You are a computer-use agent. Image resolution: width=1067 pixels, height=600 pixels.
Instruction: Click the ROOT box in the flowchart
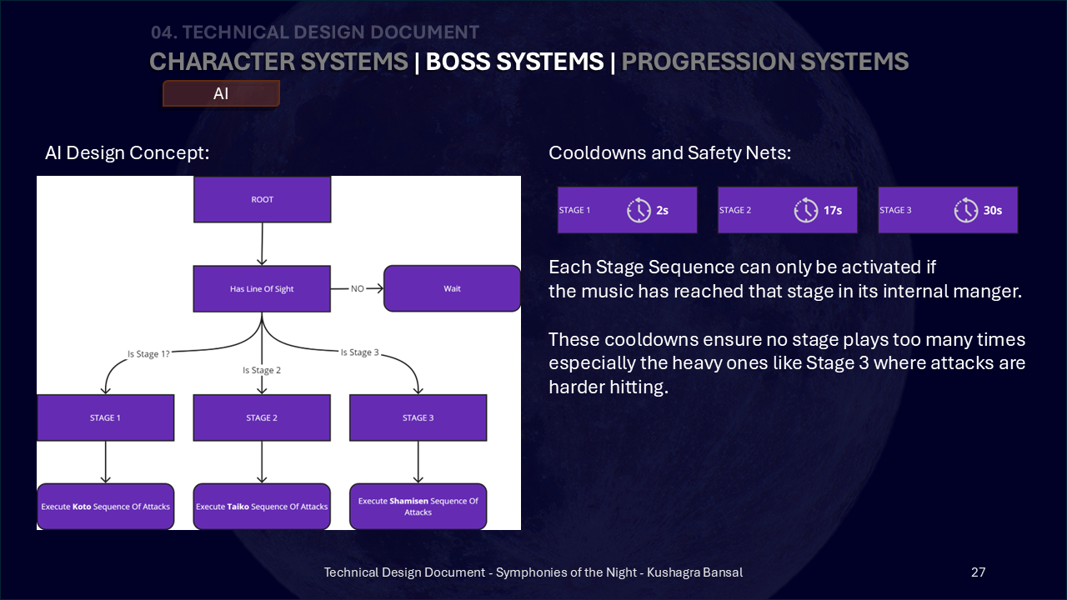[262, 199]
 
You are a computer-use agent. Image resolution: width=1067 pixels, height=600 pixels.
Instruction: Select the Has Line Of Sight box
[262, 288]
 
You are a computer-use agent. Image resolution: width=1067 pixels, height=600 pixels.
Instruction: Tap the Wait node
[452, 288]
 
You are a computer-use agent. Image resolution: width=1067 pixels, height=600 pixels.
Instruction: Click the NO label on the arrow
[358, 288]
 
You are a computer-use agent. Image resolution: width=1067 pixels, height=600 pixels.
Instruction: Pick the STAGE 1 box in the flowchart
[105, 417]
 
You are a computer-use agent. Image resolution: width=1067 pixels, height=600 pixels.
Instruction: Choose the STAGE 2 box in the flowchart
[262, 417]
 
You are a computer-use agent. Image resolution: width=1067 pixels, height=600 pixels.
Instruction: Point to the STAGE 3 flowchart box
[418, 417]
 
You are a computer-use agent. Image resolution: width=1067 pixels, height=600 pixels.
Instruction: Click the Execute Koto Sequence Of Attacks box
[105, 507]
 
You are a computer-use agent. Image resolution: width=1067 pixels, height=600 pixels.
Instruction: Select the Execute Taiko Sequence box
[262, 507]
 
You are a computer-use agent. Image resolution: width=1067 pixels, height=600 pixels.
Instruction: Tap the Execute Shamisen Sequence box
[418, 507]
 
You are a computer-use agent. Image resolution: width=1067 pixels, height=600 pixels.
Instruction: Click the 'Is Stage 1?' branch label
[148, 354]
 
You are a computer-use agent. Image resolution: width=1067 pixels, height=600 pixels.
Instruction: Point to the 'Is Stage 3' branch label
[359, 352]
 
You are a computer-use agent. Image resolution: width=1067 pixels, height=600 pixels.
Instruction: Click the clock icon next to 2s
[639, 210]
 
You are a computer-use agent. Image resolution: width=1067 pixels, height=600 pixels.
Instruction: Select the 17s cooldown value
[833, 211]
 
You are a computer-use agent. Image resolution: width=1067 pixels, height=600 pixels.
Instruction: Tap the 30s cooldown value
[993, 211]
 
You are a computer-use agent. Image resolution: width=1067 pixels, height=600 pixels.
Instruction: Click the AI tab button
[221, 93]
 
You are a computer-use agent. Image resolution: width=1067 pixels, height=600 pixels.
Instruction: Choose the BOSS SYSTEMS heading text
[514, 62]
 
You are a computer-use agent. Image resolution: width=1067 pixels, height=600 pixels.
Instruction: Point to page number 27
[978, 572]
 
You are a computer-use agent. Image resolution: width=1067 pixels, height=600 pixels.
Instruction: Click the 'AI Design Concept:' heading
[128, 152]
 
